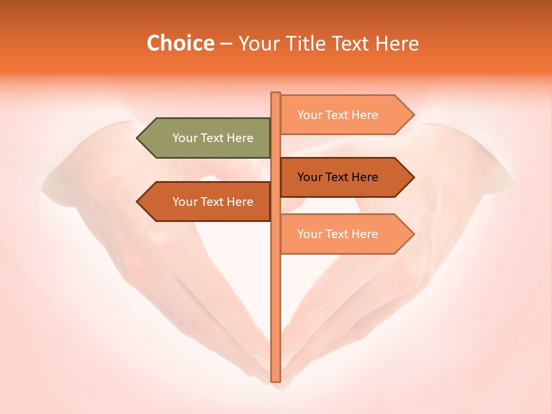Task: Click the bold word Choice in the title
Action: (x=180, y=43)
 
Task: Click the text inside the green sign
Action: (x=213, y=138)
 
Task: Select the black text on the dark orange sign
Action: (x=338, y=177)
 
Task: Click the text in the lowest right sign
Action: (x=338, y=234)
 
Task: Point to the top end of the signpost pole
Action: (x=275, y=94)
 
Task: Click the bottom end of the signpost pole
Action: (x=275, y=379)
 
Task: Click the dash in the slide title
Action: (x=226, y=44)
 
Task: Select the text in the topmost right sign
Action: (x=338, y=115)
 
